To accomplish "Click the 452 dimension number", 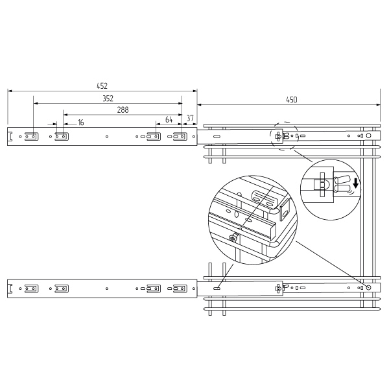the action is tap(102, 86).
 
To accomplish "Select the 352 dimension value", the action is tap(108, 99).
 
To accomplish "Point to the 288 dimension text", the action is tap(123, 110).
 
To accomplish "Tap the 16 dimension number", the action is tap(80, 123).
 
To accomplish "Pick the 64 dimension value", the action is tap(169, 119).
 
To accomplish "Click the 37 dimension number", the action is tap(190, 118).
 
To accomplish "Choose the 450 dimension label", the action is tap(292, 100).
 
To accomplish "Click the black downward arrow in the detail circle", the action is tap(356, 183).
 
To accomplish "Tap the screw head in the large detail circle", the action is tap(233, 239).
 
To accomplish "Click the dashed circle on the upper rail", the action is tap(285, 122).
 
